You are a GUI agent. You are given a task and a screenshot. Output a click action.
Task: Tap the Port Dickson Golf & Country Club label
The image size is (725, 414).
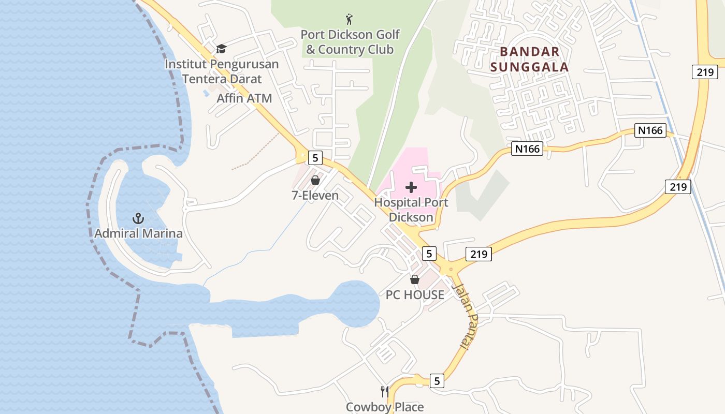click(350, 42)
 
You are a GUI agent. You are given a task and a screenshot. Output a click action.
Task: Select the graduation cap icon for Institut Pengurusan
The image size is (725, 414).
click(222, 49)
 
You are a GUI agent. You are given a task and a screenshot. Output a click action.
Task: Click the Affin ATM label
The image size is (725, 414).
click(244, 98)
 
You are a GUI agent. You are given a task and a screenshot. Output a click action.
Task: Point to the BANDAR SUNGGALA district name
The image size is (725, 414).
click(529, 59)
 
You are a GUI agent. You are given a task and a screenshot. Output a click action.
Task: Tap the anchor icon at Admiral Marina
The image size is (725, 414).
click(138, 218)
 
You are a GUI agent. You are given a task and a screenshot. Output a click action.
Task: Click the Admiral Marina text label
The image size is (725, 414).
click(138, 233)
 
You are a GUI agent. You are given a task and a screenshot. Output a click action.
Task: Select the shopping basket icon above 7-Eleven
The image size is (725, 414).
click(315, 180)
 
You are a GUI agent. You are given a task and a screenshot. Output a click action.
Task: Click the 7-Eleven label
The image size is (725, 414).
click(315, 196)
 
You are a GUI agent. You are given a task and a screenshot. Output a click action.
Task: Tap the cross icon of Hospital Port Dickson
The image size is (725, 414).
click(411, 187)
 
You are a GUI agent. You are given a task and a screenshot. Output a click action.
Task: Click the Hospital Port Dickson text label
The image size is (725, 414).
click(411, 210)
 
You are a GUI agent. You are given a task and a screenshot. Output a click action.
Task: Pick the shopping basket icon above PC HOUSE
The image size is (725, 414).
click(415, 279)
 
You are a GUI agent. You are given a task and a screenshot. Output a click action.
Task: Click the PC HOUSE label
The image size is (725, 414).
click(415, 295)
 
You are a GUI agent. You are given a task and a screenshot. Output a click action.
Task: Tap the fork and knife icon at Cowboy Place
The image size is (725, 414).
click(384, 392)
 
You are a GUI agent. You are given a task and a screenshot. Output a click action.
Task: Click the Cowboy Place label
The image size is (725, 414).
click(384, 407)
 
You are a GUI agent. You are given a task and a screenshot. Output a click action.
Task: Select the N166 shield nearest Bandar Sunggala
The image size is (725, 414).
click(528, 149)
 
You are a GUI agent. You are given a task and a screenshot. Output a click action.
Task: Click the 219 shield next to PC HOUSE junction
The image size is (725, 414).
click(479, 254)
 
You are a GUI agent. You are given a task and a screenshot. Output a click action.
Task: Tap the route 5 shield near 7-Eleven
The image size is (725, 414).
click(315, 157)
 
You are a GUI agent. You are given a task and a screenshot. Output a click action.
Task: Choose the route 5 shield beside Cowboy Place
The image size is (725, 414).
click(437, 381)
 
